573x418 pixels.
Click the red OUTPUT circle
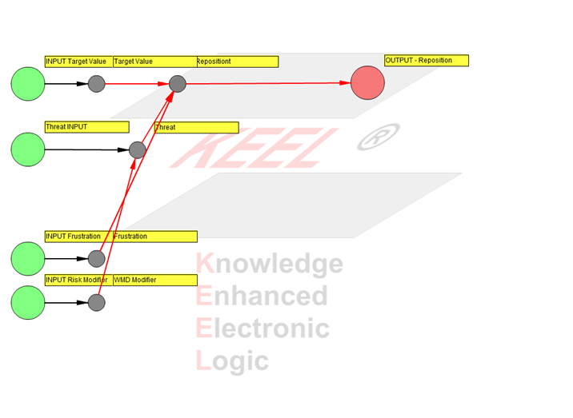(x=367, y=83)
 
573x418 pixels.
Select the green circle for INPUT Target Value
(x=28, y=83)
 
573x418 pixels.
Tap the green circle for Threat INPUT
(x=28, y=149)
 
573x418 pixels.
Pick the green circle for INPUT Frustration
(x=28, y=258)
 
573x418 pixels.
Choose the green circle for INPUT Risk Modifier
(x=28, y=302)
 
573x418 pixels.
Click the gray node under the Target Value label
(x=96, y=83)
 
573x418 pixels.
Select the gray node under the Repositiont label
(x=177, y=83)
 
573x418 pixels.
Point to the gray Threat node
(x=138, y=149)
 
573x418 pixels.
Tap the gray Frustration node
(x=96, y=258)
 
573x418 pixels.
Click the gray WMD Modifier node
(x=96, y=302)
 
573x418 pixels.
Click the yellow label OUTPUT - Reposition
(x=426, y=61)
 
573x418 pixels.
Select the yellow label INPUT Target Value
(x=78, y=62)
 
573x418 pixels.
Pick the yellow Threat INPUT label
(x=86, y=127)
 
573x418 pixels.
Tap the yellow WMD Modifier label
(x=154, y=281)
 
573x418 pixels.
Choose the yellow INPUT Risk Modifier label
(x=78, y=281)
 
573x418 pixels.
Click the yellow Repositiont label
(x=237, y=62)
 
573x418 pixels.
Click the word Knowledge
(x=270, y=264)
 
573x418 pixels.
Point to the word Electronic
(x=262, y=328)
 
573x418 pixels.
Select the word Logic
(x=232, y=361)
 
